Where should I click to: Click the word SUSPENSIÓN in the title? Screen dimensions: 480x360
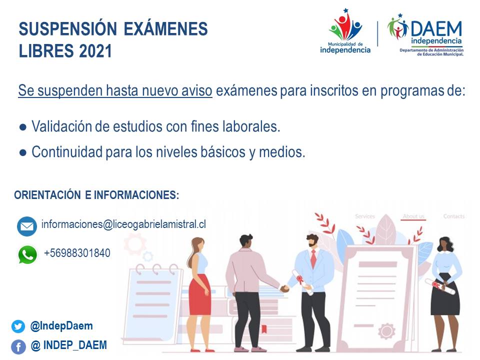(67, 29)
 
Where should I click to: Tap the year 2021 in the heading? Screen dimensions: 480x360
(95, 51)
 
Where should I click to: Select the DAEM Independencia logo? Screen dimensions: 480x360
(425, 35)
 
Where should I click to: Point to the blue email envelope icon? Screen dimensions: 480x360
(27, 226)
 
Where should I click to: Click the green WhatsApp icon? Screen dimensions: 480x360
(27, 254)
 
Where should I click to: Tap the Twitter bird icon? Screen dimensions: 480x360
(18, 326)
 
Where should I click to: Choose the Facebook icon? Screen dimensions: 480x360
(18, 347)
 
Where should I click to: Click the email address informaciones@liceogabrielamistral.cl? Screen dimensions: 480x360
(123, 224)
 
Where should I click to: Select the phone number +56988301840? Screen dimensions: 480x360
(77, 253)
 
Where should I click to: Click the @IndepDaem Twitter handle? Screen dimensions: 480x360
(61, 326)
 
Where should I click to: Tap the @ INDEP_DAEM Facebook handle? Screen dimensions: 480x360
(69, 345)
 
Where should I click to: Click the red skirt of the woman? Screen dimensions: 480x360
(200, 294)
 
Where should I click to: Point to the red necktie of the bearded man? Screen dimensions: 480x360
(313, 259)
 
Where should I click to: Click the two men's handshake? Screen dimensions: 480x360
(284, 288)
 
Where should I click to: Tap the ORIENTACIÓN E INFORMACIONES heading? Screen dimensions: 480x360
(96, 195)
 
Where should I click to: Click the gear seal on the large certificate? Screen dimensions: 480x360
(386, 331)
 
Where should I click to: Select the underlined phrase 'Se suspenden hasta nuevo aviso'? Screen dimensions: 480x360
(115, 91)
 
